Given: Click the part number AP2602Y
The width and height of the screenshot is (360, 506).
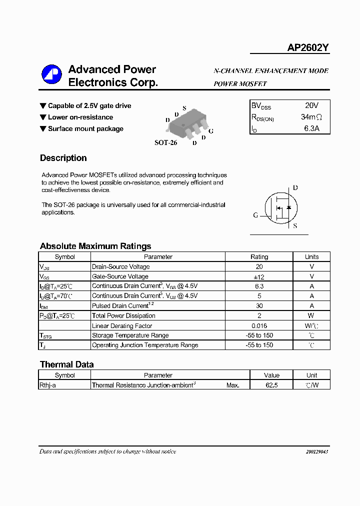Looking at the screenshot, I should click(307, 48).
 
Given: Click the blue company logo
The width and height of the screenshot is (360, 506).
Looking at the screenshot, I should click(51, 75).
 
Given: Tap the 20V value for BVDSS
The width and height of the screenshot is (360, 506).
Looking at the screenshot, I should click(311, 105).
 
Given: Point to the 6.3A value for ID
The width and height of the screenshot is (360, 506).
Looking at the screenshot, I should click(311, 128).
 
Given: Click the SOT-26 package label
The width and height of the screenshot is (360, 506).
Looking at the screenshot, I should click(165, 142).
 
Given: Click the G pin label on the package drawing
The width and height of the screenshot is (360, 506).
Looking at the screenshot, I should click(211, 131).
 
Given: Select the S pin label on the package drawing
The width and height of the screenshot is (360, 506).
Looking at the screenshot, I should click(184, 108).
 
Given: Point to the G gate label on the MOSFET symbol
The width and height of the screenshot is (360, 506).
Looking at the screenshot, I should click(255, 215).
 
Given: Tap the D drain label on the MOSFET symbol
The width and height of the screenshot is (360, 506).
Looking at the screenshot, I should click(295, 188).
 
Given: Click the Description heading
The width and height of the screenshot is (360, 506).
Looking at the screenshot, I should click(63, 158).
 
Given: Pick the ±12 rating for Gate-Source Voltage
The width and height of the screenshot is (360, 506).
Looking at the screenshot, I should click(259, 276).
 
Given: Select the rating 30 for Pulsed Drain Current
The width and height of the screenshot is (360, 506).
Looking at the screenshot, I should click(259, 306).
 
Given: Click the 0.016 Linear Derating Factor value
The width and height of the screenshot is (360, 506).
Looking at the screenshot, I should click(259, 325).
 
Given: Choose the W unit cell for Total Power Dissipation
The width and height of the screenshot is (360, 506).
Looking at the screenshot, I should click(311, 315).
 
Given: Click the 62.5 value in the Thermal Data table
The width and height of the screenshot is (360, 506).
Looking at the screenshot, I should click(271, 385).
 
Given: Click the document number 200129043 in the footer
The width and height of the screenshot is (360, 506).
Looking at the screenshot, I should click(317, 451).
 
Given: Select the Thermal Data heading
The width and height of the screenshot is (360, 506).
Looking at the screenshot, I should click(66, 364).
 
